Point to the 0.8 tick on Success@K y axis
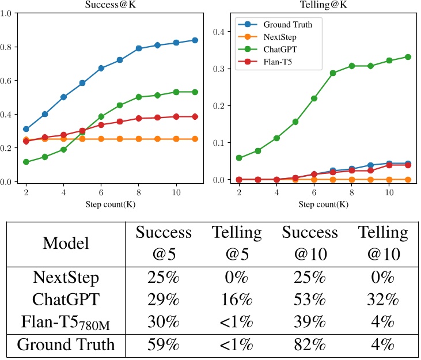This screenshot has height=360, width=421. click(x=8, y=47)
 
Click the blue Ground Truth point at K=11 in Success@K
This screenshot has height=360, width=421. click(x=195, y=40)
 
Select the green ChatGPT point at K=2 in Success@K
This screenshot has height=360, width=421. click(x=26, y=162)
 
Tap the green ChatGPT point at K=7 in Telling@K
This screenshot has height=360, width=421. click(x=333, y=73)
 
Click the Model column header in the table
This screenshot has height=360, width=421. click(x=66, y=242)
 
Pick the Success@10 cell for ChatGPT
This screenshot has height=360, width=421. click(x=310, y=300)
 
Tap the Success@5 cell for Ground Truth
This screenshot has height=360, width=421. click(x=164, y=345)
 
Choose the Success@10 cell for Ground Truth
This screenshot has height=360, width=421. click(x=310, y=345)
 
